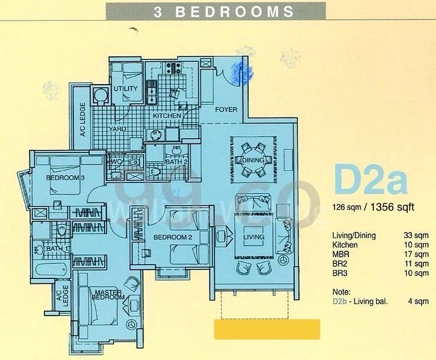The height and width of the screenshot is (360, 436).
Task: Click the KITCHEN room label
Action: point(166,115)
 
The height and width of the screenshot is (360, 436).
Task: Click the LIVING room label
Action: point(253,238)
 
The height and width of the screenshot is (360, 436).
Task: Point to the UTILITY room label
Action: point(126,89)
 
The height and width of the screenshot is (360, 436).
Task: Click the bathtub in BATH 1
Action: point(50,268)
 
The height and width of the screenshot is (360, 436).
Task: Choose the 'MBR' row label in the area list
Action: point(340,254)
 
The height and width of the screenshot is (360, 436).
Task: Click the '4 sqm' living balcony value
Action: point(417,301)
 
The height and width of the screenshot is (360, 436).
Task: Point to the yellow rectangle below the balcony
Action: point(267,329)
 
